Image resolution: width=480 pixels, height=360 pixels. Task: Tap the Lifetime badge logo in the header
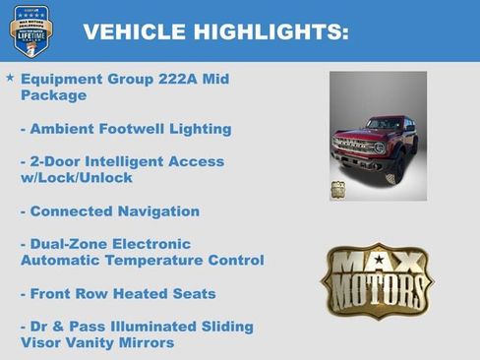click(30, 30)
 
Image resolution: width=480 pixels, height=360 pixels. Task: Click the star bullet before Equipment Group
click(10, 77)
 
